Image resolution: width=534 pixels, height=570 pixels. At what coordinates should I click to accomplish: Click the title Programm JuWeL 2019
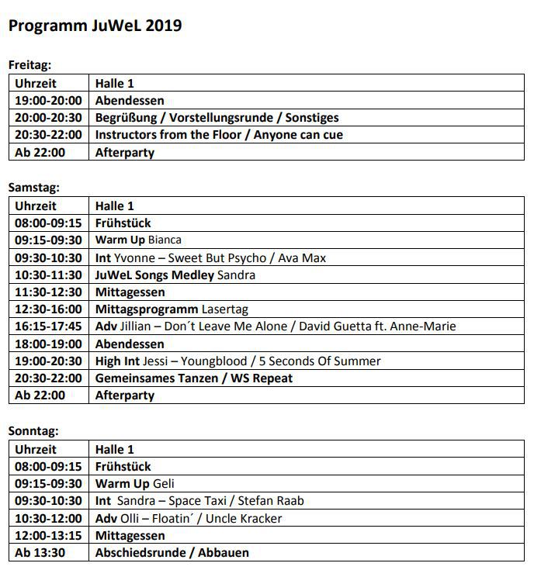(95, 26)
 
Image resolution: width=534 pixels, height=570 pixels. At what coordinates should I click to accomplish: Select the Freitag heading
(29, 65)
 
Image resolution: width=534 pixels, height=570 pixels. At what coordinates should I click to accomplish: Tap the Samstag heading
(33, 188)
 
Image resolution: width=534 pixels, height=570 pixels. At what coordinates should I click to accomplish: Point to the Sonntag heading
(33, 431)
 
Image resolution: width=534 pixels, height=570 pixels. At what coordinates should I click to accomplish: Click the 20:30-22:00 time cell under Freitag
(48, 135)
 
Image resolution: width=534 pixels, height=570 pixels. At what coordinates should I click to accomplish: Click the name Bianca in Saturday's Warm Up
(165, 240)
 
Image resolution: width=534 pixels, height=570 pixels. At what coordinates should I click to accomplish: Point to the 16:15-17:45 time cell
(48, 326)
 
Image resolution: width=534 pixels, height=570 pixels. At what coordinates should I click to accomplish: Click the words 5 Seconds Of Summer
(321, 361)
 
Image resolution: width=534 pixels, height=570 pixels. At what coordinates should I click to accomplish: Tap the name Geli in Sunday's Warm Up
(164, 483)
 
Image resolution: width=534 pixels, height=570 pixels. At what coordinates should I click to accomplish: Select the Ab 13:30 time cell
(40, 553)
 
